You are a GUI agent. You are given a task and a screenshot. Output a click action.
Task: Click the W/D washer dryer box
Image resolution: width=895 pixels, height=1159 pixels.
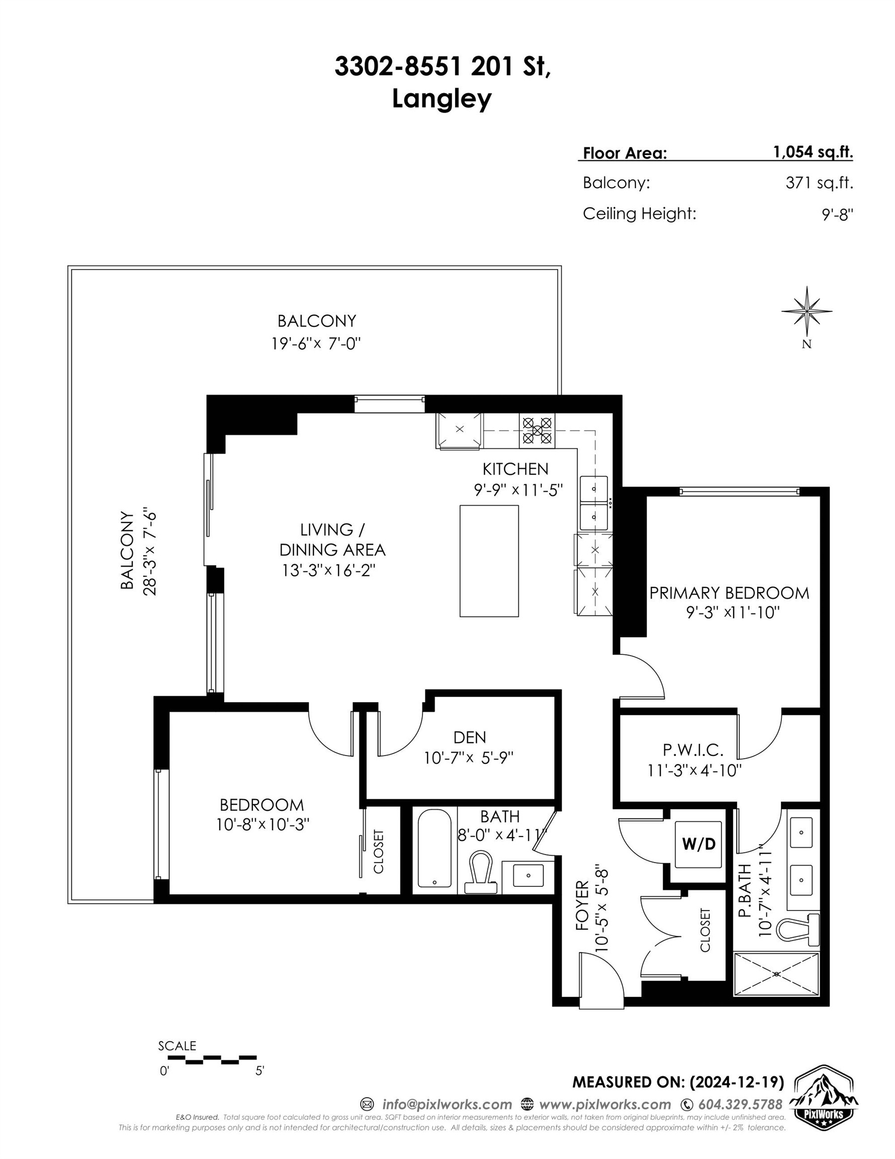697,844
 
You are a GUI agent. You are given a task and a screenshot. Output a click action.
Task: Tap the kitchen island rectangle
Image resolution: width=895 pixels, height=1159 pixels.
489,561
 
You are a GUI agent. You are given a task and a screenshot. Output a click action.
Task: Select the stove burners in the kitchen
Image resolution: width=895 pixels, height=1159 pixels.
537,431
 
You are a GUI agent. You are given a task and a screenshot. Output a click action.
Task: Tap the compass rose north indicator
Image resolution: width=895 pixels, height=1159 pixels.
807,313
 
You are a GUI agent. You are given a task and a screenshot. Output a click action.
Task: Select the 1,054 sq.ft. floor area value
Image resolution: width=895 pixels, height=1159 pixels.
812,152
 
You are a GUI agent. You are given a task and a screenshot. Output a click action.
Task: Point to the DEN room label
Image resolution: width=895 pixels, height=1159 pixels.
470,737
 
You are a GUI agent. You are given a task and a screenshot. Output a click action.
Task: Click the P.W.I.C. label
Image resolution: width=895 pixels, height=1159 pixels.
693,750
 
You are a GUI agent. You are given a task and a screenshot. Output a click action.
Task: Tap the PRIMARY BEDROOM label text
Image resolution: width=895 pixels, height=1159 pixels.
729,593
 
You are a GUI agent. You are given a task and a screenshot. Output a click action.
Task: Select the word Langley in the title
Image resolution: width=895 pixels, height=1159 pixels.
441,99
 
